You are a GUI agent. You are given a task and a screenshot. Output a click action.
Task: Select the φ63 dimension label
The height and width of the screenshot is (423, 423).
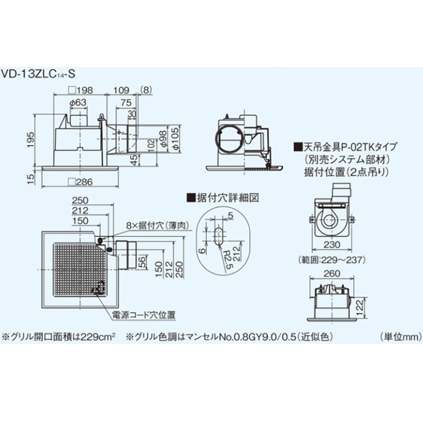point(78,104)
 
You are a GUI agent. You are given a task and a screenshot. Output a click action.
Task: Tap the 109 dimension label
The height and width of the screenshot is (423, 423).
point(121,91)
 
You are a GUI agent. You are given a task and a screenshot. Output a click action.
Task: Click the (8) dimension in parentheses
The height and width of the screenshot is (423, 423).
point(145,91)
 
